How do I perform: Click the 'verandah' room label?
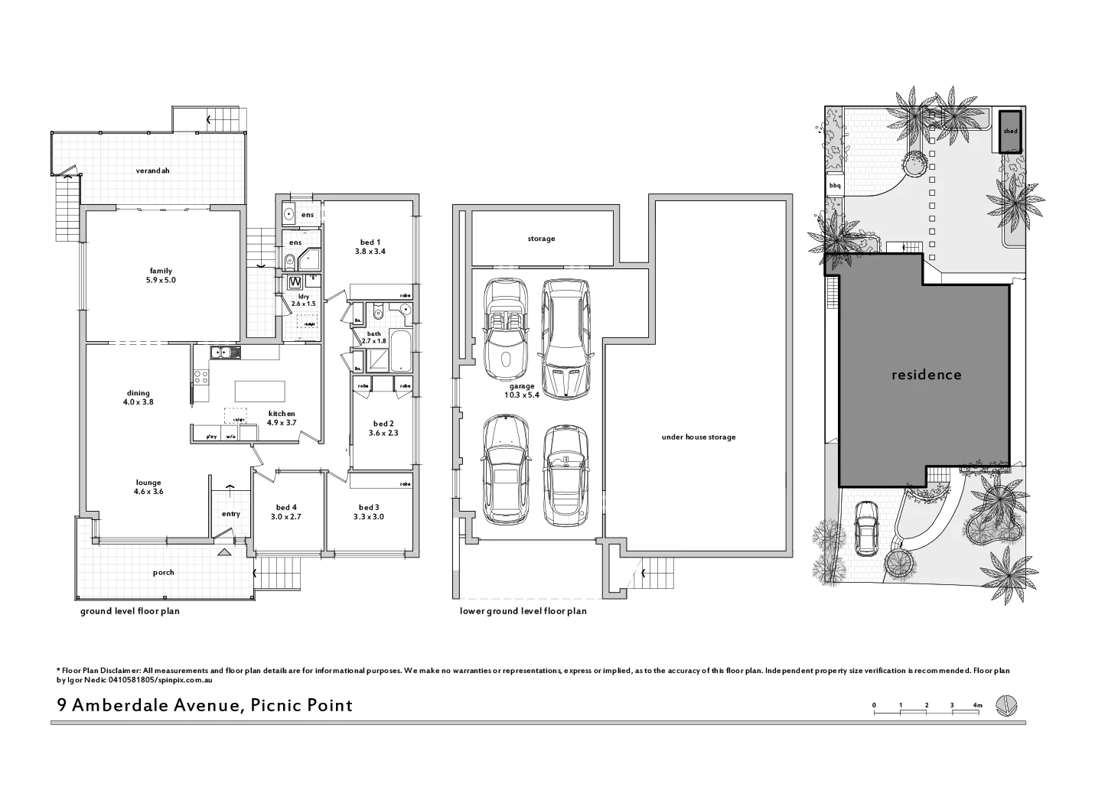(x=152, y=171)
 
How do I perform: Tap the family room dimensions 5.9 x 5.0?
(x=161, y=281)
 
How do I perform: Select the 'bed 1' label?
(x=369, y=242)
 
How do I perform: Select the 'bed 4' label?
(x=286, y=507)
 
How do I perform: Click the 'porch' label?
(x=163, y=572)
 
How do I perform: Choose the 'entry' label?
(x=230, y=514)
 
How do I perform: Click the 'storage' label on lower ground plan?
(x=541, y=239)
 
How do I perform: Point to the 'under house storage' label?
(x=698, y=437)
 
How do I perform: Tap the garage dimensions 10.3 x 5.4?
(x=522, y=395)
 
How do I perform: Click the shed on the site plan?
(x=1010, y=132)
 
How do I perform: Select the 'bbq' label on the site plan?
(x=834, y=185)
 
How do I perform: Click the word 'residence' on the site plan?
(x=926, y=375)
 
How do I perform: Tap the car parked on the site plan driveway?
(x=866, y=527)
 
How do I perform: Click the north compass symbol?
(x=1007, y=706)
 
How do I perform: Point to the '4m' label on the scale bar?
(x=976, y=704)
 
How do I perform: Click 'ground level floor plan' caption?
(x=130, y=612)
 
